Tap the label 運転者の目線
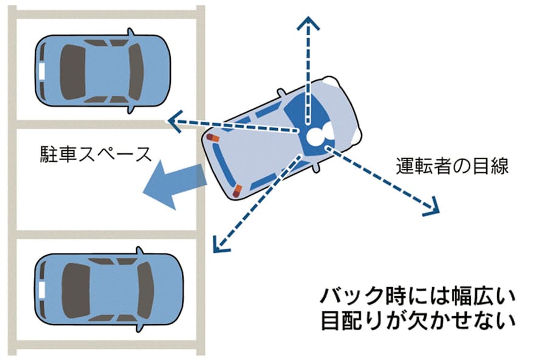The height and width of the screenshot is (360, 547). [x=451, y=165]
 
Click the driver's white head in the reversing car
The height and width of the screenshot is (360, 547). [x=318, y=136]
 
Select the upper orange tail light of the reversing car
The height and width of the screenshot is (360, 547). [x=212, y=139]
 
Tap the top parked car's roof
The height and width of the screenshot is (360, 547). [x=100, y=71]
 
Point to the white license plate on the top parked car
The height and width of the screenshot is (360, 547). [x=41, y=71]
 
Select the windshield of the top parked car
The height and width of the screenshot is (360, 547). [x=136, y=71]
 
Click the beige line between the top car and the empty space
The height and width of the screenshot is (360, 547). [x=103, y=123]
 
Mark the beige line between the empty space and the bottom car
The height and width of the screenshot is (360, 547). [x=103, y=234]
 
